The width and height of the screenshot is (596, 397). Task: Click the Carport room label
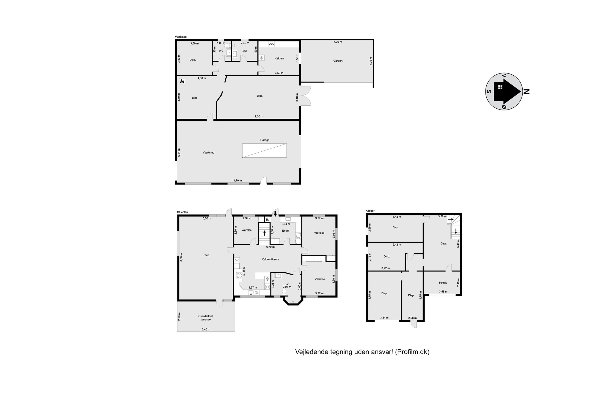pos(338,61)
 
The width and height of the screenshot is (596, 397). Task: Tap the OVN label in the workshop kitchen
pos(272,44)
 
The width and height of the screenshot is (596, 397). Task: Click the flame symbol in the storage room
pos(182,81)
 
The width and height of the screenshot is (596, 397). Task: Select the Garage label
pos(265,140)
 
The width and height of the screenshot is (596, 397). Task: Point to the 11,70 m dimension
pos(237,181)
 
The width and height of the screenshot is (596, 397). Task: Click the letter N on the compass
pos(526,91)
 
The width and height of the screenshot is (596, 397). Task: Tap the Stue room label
pos(206,255)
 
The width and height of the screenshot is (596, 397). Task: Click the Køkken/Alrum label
pos(270,259)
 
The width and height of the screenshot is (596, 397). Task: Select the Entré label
pos(285,231)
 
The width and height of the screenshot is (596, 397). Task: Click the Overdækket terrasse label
pos(206,318)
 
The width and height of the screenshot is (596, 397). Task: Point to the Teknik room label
pos(442,282)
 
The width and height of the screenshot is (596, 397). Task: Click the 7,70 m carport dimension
pos(338,42)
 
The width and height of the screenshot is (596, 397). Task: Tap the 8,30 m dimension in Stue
pos(181,257)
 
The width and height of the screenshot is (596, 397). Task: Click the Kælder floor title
pos(370,211)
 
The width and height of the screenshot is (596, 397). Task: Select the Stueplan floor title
pos(182,212)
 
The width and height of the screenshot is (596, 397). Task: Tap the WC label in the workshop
pos(221,51)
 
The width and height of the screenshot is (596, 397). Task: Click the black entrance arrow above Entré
pos(275,214)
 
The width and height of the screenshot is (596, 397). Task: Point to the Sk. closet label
pos(267,219)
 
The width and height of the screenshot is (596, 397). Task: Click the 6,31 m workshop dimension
pos(179,152)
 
